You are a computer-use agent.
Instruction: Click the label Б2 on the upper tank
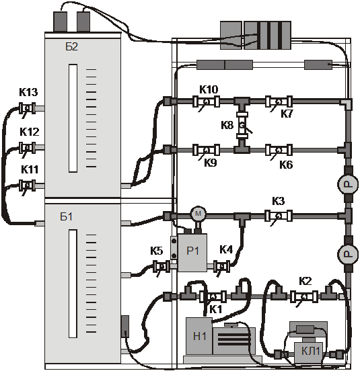(x=71, y=47)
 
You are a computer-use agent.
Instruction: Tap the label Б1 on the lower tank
(x=67, y=216)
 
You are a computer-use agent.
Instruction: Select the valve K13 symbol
(x=27, y=108)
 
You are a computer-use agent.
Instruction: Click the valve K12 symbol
(x=27, y=148)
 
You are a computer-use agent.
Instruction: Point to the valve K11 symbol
(x=27, y=185)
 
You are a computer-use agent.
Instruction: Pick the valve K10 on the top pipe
(x=206, y=101)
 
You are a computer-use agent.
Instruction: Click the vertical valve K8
(x=242, y=125)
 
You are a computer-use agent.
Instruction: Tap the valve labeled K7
(x=279, y=101)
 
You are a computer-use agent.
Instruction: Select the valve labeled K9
(x=206, y=150)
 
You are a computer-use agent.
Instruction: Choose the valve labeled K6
(x=279, y=150)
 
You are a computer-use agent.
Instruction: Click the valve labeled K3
(x=279, y=216)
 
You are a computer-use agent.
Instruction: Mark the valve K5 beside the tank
(x=161, y=266)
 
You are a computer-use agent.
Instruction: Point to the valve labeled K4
(x=221, y=266)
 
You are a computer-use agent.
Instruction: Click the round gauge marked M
(x=198, y=214)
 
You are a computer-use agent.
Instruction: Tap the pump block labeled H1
(x=199, y=336)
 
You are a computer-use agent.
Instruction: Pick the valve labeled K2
(x=304, y=296)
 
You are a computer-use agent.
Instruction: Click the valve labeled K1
(x=213, y=296)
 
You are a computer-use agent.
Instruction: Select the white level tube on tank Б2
(x=73, y=118)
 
